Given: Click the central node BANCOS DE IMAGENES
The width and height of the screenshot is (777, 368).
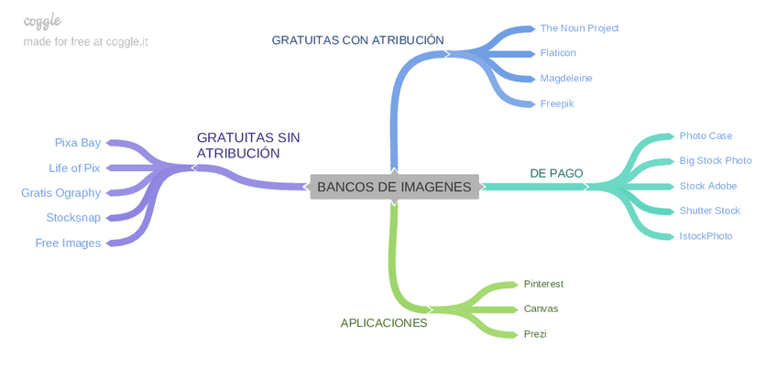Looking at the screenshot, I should (394, 187).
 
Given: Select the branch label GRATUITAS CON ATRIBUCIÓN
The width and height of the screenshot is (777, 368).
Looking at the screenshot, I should (357, 40).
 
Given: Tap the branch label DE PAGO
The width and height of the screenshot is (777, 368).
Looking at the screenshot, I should (556, 173).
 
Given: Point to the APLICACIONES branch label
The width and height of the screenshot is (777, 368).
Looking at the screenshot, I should (384, 323).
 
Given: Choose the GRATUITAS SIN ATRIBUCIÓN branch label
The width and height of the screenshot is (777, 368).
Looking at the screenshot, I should (247, 145).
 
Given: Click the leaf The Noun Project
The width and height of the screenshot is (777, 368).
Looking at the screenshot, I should (579, 28).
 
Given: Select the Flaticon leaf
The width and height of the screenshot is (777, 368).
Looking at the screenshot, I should (558, 53).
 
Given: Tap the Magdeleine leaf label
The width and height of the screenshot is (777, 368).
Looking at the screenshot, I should (566, 79).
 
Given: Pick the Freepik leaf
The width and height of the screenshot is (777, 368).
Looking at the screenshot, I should (557, 104).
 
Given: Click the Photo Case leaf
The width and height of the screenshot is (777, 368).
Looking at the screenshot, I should (706, 136).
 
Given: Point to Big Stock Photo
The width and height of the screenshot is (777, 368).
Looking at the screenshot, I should (716, 161).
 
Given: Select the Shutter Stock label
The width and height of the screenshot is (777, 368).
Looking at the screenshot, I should (709, 211).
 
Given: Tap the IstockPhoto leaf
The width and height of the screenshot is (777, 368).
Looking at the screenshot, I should (706, 236).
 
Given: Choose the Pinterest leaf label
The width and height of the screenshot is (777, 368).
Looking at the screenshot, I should (543, 284).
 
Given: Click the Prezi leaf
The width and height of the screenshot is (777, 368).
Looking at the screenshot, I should (535, 334).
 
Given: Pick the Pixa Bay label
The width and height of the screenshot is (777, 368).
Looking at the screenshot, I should (78, 143).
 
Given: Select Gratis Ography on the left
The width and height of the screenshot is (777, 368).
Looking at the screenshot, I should (61, 193).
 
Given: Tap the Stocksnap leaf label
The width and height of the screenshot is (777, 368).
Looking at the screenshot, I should (73, 218).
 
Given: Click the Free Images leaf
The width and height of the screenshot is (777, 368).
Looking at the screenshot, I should (68, 244).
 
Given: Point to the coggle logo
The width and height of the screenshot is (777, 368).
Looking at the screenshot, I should (42, 21).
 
